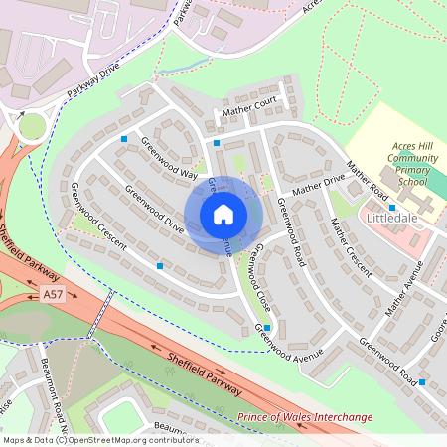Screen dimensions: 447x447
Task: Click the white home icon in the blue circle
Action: [223, 215]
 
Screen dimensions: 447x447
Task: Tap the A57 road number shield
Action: [54, 295]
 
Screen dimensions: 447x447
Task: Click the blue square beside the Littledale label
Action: [365, 207]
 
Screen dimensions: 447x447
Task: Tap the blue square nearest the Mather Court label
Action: [216, 143]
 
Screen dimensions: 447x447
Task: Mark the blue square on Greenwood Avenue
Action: [267, 327]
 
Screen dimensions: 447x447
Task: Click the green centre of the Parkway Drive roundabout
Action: [32, 126]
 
